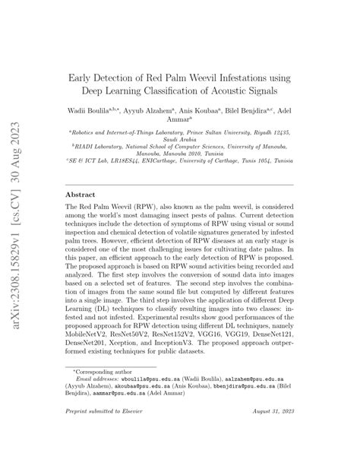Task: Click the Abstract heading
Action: (83, 195)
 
